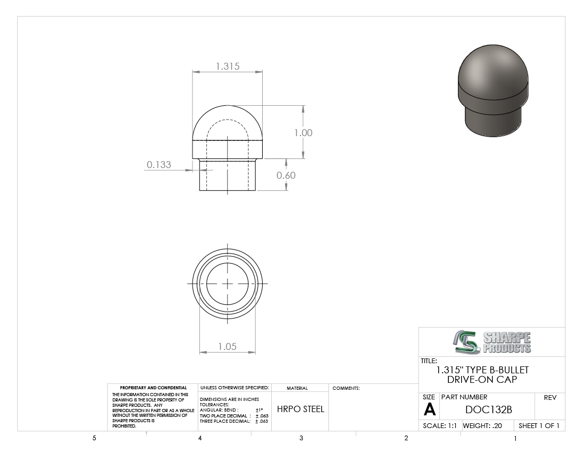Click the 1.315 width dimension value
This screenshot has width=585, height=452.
228,66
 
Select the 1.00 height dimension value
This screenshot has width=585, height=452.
303,133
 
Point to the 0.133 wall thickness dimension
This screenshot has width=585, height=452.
158,164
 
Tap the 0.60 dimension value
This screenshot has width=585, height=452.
286,175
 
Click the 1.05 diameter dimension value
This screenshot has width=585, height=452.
227,347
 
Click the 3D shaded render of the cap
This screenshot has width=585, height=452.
493,90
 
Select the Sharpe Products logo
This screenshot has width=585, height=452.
492,342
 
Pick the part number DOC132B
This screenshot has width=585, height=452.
488,409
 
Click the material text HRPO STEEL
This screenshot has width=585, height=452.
300,409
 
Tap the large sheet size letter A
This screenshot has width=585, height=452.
429,409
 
